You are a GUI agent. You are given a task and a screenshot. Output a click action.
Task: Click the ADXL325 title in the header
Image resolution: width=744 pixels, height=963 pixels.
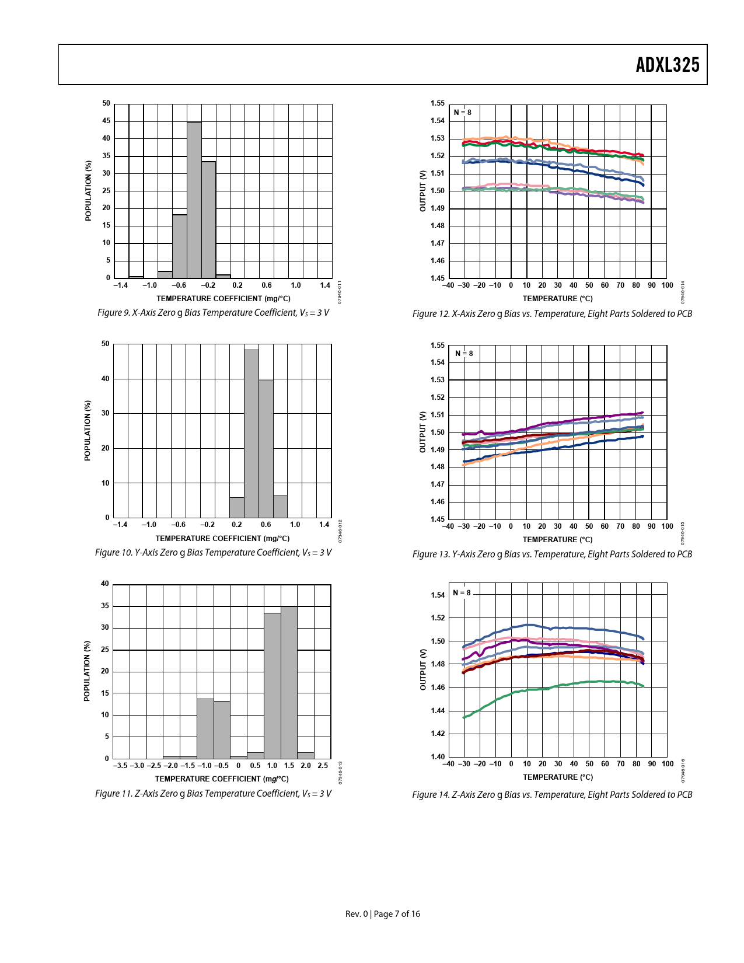coord(667,65)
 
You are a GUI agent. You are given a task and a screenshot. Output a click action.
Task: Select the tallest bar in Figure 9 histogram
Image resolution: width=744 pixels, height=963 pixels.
coord(194,200)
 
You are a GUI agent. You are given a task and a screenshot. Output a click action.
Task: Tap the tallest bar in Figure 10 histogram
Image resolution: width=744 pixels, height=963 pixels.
coord(252,433)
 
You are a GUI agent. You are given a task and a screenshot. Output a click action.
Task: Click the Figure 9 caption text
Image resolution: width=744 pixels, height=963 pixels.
coord(213,313)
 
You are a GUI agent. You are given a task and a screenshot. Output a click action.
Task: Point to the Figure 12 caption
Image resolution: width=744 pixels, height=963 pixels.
coord(552,314)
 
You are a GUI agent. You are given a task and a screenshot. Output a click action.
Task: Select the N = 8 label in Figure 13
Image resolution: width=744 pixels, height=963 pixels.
coord(464,353)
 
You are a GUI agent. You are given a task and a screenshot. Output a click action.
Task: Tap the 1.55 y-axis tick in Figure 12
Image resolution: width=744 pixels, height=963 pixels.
coord(438,104)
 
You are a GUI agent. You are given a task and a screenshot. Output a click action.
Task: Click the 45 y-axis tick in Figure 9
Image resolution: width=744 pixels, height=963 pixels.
coord(106,121)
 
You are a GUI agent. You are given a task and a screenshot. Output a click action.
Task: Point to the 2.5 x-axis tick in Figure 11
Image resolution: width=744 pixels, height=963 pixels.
coord(323,765)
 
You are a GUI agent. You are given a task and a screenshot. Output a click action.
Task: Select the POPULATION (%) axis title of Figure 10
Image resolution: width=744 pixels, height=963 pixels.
coord(88,430)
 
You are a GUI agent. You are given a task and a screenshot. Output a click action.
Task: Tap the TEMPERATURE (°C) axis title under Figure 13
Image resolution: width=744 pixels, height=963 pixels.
coord(557,540)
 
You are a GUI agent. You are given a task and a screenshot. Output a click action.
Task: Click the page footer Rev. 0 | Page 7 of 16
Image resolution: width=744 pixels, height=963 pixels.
coord(382,914)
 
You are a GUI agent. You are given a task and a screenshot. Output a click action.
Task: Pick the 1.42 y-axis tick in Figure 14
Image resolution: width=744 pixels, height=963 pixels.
coord(438,734)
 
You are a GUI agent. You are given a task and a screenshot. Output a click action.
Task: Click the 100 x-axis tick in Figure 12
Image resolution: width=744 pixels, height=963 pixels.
coord(668,285)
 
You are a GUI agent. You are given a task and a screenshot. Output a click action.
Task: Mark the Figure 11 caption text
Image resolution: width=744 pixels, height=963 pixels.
coord(213,794)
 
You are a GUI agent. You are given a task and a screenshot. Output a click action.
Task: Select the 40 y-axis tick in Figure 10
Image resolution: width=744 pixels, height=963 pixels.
coord(106,379)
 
